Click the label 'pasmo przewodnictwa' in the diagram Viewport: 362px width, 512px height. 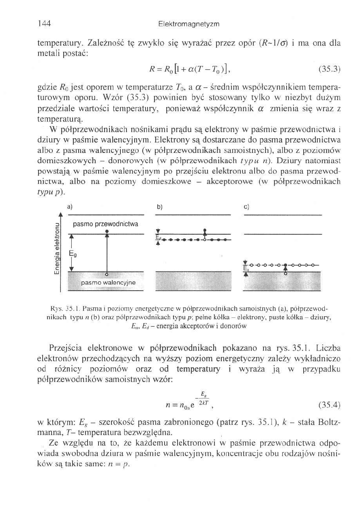pos(106,224)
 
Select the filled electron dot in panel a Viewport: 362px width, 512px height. pos(107,231)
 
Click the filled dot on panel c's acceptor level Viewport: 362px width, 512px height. pos(286,266)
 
